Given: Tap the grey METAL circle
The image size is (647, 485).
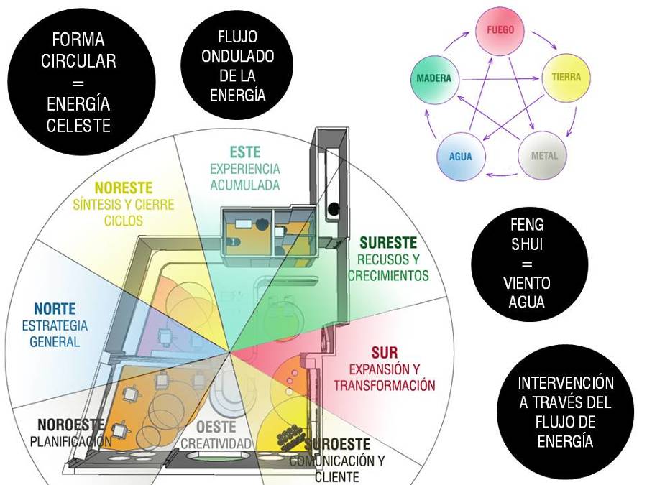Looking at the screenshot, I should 544,154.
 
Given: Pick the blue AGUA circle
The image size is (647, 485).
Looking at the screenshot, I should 461,155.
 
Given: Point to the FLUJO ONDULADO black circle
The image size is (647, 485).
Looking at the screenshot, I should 237,65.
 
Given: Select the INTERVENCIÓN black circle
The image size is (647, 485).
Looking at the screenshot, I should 566,412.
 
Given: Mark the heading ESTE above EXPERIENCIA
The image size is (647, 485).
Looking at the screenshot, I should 245,152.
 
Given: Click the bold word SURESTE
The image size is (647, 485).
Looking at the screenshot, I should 388,243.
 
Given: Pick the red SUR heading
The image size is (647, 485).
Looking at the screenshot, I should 384,354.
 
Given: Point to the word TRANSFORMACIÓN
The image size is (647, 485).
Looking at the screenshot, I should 384,385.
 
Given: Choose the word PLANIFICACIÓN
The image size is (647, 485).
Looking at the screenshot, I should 70,441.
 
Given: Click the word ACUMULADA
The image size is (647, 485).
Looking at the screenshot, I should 244,184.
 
